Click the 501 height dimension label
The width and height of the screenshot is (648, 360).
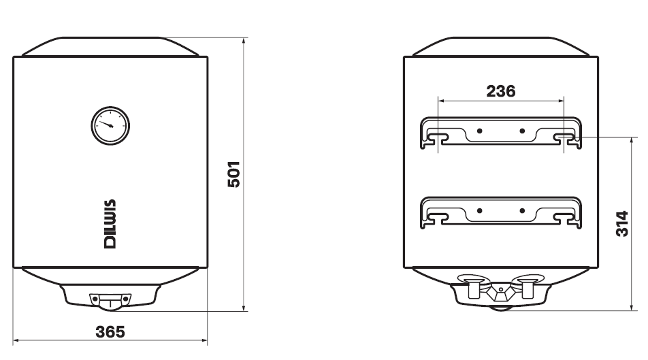[x=234, y=174]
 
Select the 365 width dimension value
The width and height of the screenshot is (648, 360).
[x=110, y=331]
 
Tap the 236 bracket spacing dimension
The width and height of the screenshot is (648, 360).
[x=501, y=91]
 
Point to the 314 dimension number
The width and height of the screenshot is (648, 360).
[x=622, y=224]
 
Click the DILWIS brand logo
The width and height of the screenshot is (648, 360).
[x=110, y=224]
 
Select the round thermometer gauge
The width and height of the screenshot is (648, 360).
[x=110, y=126]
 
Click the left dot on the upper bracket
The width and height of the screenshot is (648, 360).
[x=479, y=131]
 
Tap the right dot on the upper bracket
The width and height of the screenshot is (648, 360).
[x=522, y=131]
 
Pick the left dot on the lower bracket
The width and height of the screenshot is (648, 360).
[x=479, y=211]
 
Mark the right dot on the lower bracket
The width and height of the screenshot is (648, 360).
[x=522, y=211]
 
